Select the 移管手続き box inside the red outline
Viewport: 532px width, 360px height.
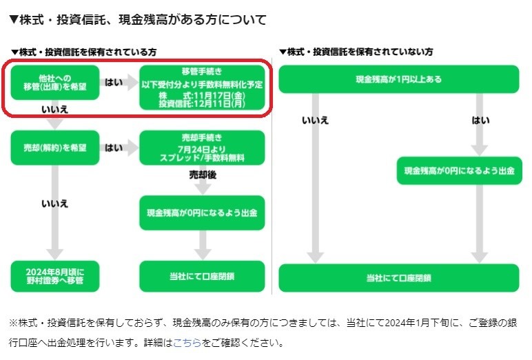click(x=202, y=87)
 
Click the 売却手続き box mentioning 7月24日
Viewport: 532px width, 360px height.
click(x=202, y=148)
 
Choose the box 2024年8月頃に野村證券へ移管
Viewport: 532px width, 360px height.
click(x=55, y=276)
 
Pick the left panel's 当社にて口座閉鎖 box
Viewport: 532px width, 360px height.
click(x=202, y=276)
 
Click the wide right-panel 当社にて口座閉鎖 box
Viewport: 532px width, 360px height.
click(x=398, y=277)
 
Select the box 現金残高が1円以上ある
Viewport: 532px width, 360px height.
click(x=398, y=79)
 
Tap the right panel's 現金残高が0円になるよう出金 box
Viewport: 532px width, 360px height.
click(x=459, y=170)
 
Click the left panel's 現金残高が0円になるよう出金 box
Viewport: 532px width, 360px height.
click(x=202, y=213)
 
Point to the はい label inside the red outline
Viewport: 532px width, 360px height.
click(x=114, y=82)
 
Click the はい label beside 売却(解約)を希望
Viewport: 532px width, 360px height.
click(x=114, y=148)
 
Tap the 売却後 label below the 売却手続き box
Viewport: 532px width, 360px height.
click(x=203, y=176)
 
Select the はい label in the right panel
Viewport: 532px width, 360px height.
click(x=480, y=121)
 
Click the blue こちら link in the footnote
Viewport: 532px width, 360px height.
click(x=187, y=342)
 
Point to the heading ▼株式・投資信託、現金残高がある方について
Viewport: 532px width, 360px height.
click(x=138, y=19)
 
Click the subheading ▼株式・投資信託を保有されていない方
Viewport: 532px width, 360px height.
click(x=356, y=52)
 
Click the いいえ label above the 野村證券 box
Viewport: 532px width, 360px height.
click(x=55, y=204)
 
